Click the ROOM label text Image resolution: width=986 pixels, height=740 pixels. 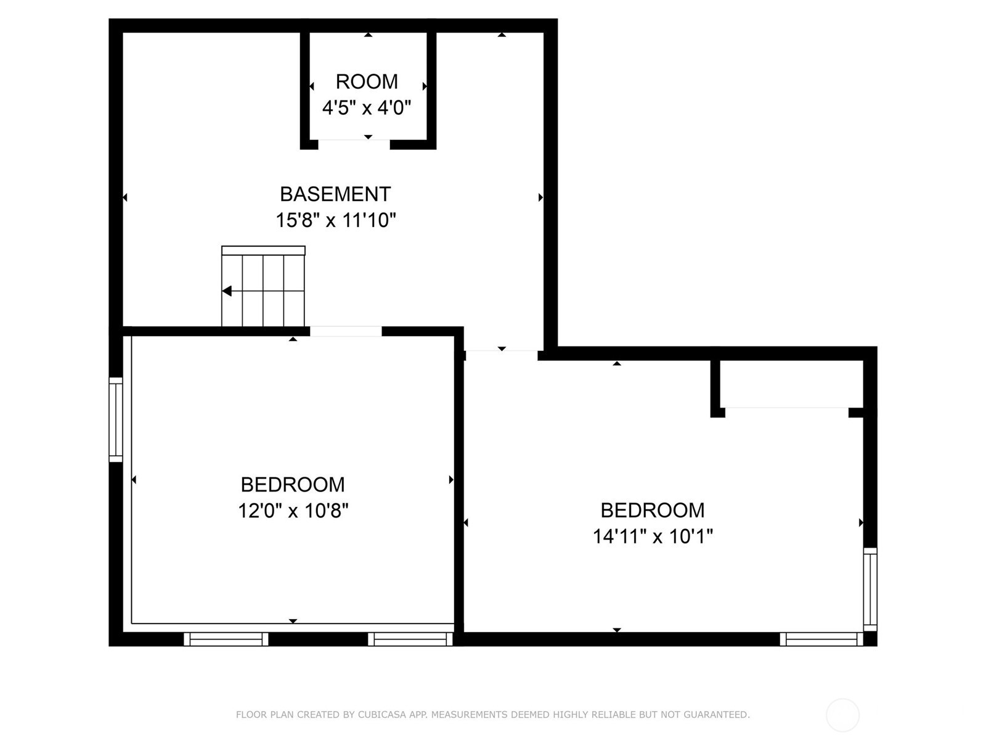(367, 82)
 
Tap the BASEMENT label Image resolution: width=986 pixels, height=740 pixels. (335, 194)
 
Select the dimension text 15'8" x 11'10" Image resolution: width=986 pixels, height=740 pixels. (336, 220)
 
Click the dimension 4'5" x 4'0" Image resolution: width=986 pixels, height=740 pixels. (367, 108)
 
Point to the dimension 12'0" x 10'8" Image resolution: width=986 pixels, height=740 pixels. (293, 511)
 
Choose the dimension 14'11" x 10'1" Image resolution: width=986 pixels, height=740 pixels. (653, 536)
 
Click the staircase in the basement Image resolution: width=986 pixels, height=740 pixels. (263, 286)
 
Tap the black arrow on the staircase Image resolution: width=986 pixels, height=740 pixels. (227, 291)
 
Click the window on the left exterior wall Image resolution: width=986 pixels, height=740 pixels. (116, 420)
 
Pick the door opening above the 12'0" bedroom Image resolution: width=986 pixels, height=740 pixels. (346, 332)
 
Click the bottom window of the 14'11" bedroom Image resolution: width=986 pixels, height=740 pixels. (821, 639)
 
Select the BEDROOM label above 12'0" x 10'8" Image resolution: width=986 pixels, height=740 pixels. (293, 485)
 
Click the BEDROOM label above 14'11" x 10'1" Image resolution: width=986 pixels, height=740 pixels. (653, 511)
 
